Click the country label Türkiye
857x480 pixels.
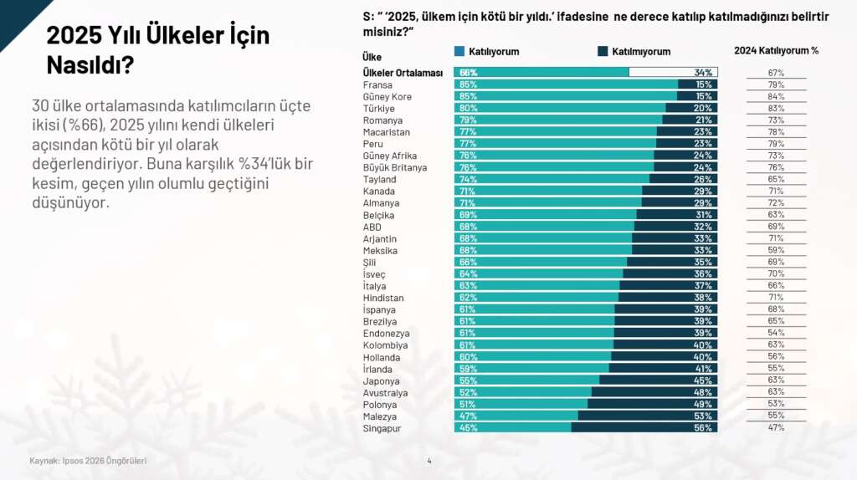(x=378, y=109)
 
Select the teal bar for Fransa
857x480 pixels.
(x=566, y=84)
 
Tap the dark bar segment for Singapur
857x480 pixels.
(x=642, y=427)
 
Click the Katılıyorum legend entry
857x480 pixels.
(x=487, y=52)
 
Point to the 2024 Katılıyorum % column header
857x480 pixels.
(x=776, y=50)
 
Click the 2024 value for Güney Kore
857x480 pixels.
(x=776, y=97)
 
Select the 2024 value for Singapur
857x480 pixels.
(x=776, y=427)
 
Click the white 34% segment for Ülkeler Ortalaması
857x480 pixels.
(x=673, y=73)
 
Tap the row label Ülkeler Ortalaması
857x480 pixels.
(x=403, y=73)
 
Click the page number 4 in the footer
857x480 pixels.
(x=429, y=461)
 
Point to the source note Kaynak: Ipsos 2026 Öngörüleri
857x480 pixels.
(x=88, y=461)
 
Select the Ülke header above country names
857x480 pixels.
(x=372, y=57)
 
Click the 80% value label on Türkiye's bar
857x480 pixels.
(x=468, y=109)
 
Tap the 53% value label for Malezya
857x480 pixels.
(x=703, y=416)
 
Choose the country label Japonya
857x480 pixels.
(x=381, y=380)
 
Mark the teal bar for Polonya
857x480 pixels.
(x=521, y=404)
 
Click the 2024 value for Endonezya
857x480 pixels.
(x=776, y=333)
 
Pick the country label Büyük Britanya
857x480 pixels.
(x=395, y=167)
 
